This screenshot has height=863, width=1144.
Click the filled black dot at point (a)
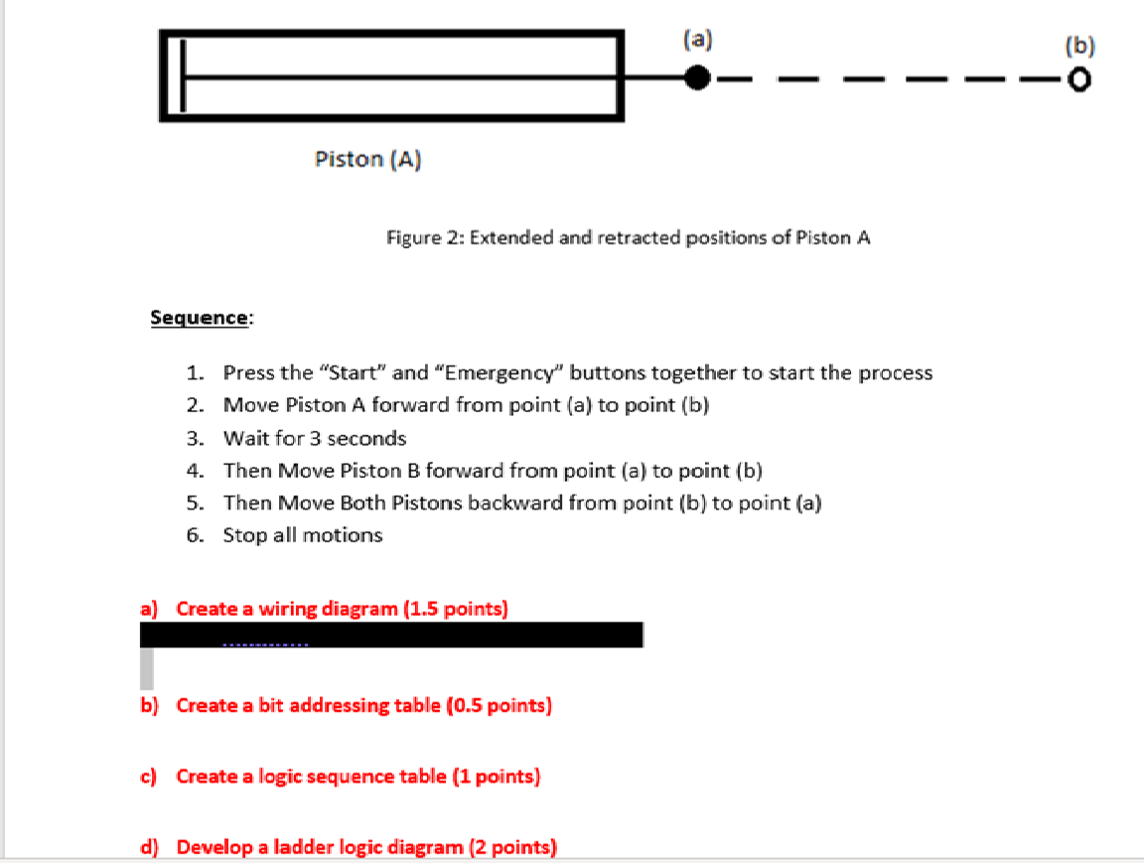coord(698,76)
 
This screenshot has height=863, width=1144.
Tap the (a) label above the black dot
coord(698,40)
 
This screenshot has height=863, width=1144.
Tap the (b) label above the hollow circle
coord(1078,45)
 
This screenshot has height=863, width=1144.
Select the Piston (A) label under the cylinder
coord(367,159)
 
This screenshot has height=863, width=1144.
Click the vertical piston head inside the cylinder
coord(182,76)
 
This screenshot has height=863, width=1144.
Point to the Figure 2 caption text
coord(629,238)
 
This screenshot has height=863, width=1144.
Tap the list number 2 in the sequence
coord(195,405)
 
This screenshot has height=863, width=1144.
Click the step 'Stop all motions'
coord(302,535)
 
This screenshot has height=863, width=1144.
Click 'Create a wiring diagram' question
coord(288,609)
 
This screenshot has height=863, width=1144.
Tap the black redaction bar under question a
coord(391,635)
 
